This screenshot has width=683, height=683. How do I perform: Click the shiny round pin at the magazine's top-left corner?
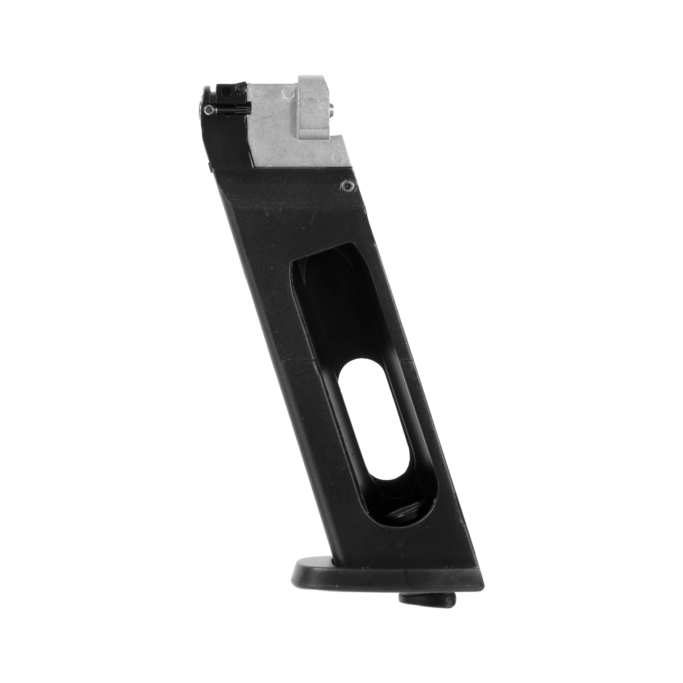[209, 110]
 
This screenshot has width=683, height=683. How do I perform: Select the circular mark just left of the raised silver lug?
[288, 94]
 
